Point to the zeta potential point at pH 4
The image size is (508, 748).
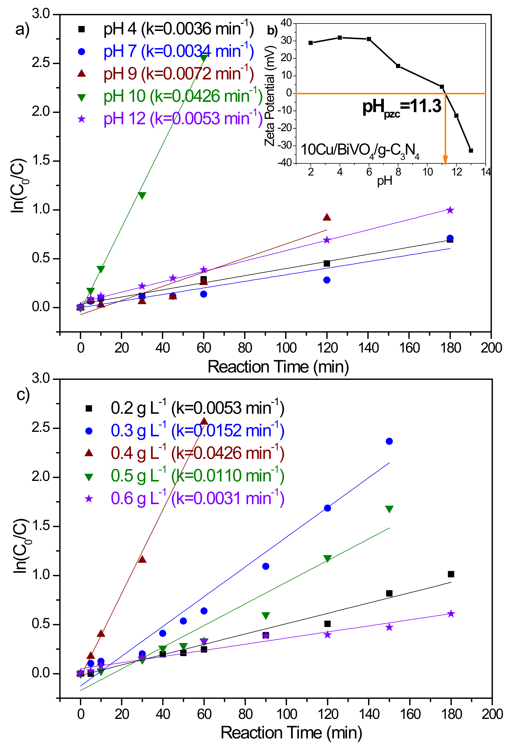340,38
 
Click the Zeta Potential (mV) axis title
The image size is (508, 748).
270,96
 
